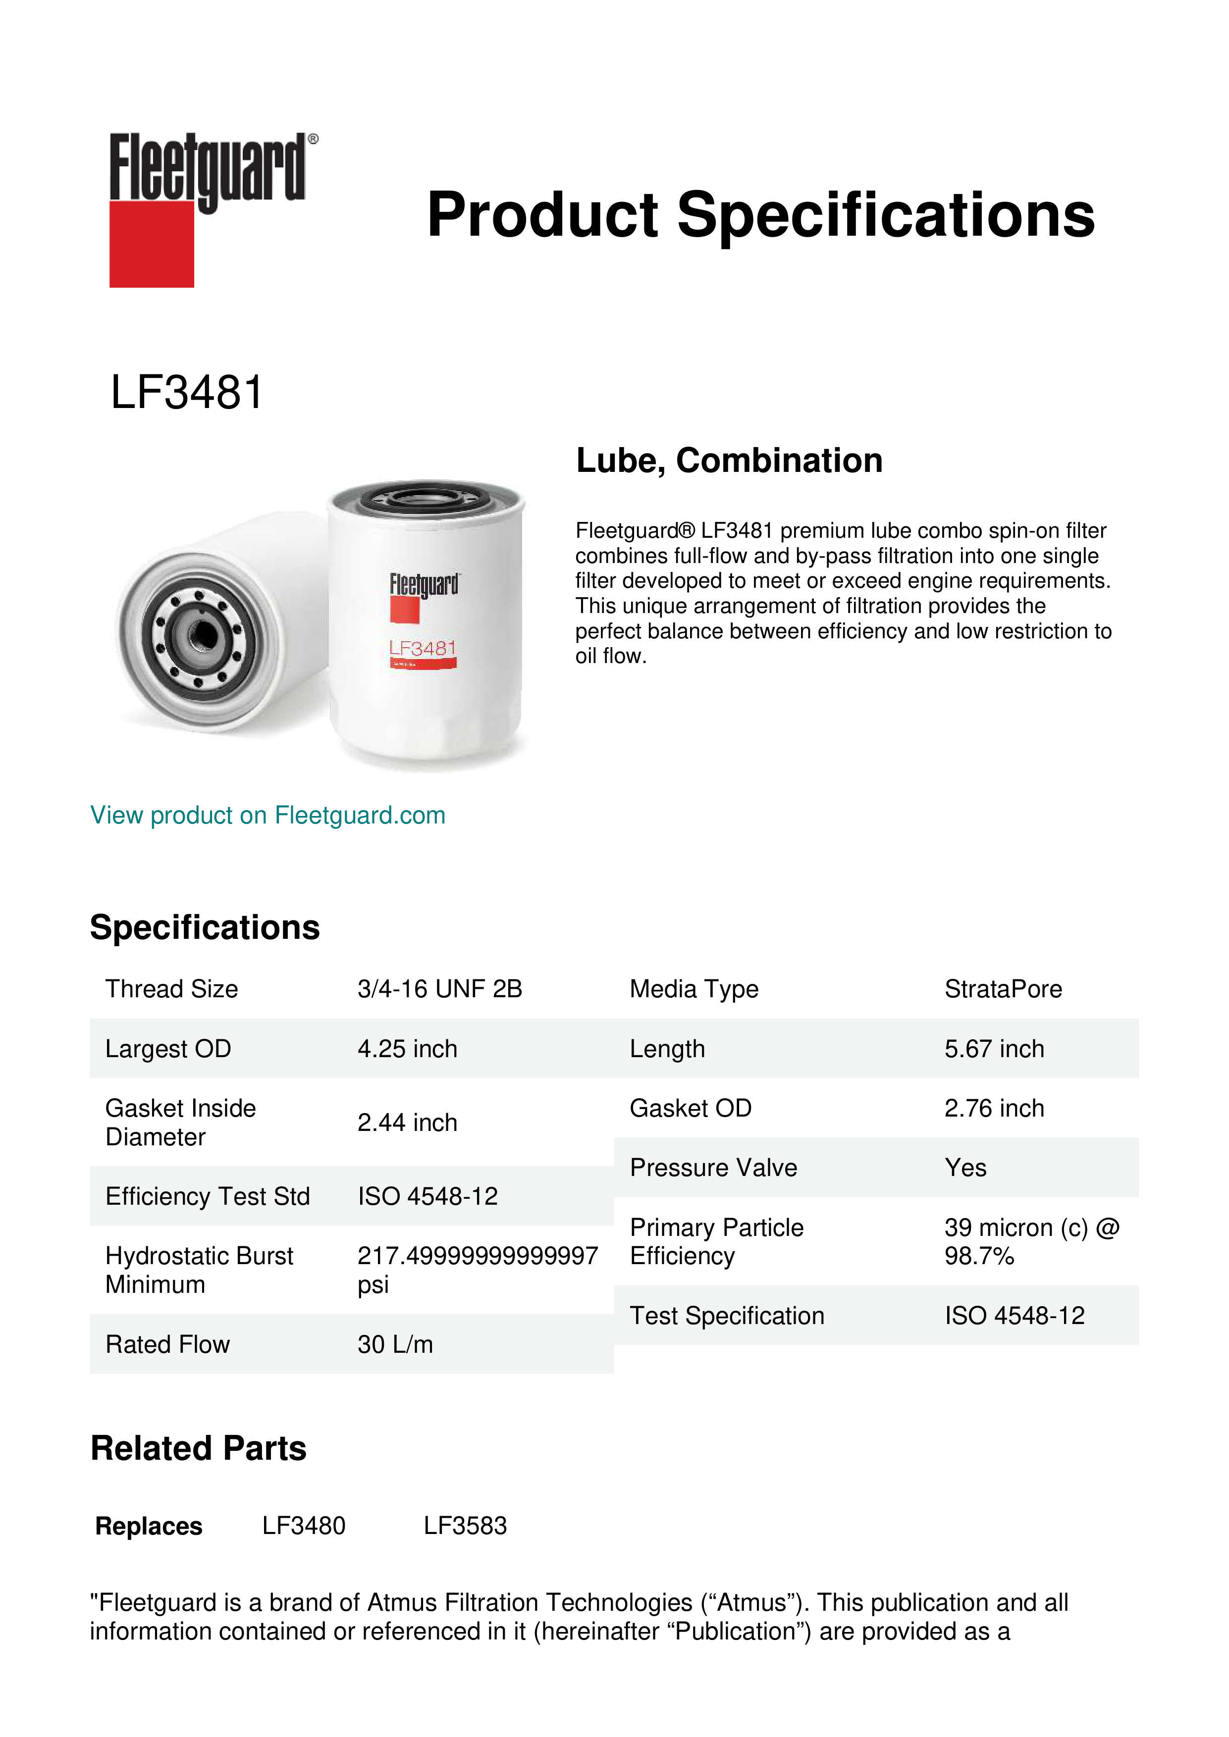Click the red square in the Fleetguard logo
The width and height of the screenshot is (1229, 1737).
(x=152, y=244)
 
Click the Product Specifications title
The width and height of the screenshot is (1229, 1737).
(x=760, y=215)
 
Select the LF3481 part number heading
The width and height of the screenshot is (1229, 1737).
(x=186, y=393)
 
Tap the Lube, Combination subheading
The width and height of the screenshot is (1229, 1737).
(x=729, y=460)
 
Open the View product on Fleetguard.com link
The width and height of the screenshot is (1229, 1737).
(x=267, y=815)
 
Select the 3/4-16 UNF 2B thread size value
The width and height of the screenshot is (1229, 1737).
(x=440, y=989)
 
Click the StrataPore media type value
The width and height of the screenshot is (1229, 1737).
(x=1003, y=989)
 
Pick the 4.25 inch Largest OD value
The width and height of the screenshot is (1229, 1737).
(x=407, y=1049)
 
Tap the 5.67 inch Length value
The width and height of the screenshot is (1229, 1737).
(x=994, y=1049)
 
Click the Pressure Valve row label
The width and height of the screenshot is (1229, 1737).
(x=713, y=1168)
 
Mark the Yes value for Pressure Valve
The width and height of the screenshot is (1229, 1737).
(x=965, y=1168)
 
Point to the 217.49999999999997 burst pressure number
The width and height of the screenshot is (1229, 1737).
(x=478, y=1256)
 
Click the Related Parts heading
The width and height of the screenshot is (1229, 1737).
(x=198, y=1449)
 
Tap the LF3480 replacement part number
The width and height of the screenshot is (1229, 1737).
(x=304, y=1526)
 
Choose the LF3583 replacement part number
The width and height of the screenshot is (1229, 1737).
(x=465, y=1526)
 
